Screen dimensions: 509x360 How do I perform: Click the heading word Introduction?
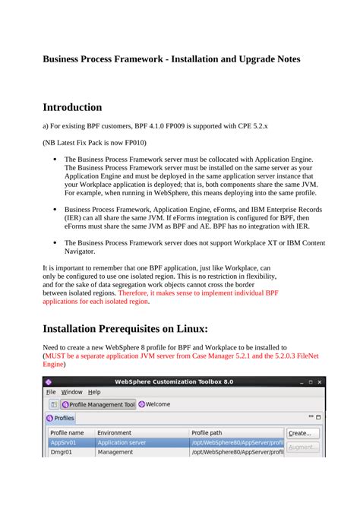click(x=72, y=107)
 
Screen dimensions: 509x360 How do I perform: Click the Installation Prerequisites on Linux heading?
click(x=125, y=328)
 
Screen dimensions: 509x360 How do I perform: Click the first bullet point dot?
click(x=55, y=160)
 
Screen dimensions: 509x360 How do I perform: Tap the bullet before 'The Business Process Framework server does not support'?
click(x=55, y=242)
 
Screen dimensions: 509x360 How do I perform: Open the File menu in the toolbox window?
click(x=51, y=392)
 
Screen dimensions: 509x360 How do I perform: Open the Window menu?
click(x=72, y=392)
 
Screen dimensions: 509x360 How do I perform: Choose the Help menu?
click(x=94, y=392)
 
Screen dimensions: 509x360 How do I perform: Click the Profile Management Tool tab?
click(x=98, y=404)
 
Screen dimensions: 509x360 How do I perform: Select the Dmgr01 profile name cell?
click(x=62, y=451)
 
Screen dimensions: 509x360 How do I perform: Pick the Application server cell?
click(x=122, y=442)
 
